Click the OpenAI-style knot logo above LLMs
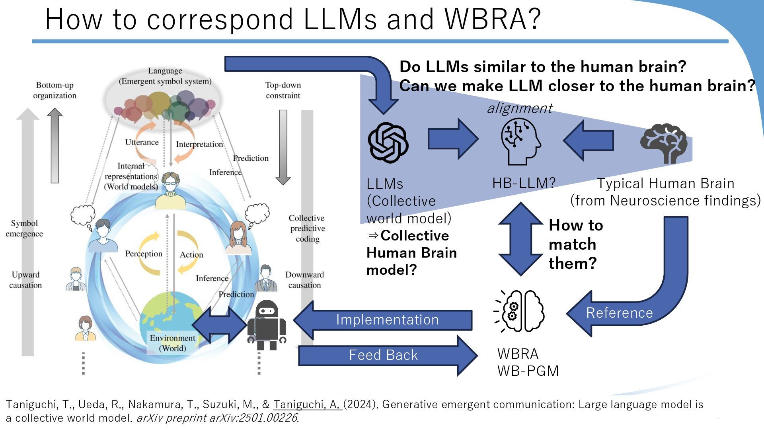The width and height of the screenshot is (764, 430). pyautogui.click(x=388, y=143)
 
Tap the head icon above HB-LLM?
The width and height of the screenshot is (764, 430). pyautogui.click(x=520, y=142)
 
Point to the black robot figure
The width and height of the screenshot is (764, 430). pyautogui.click(x=267, y=324)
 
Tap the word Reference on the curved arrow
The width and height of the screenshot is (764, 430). pyautogui.click(x=619, y=313)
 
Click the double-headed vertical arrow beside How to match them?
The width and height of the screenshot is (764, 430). pyautogui.click(x=520, y=239)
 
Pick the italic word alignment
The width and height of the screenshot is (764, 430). pyautogui.click(x=520, y=108)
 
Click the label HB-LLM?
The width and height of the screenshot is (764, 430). pyautogui.click(x=524, y=183)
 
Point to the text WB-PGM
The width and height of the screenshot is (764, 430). pyautogui.click(x=528, y=371)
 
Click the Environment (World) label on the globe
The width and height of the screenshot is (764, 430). pyautogui.click(x=172, y=343)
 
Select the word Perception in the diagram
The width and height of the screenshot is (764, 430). pyautogui.click(x=144, y=254)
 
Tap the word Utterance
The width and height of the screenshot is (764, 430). pyautogui.click(x=142, y=142)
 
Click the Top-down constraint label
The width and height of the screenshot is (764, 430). pyautogui.click(x=283, y=90)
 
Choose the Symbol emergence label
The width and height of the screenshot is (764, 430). pyautogui.click(x=24, y=228)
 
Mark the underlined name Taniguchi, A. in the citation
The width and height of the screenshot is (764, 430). pyautogui.click(x=307, y=405)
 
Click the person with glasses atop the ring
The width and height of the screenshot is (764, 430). pyautogui.click(x=171, y=191)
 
